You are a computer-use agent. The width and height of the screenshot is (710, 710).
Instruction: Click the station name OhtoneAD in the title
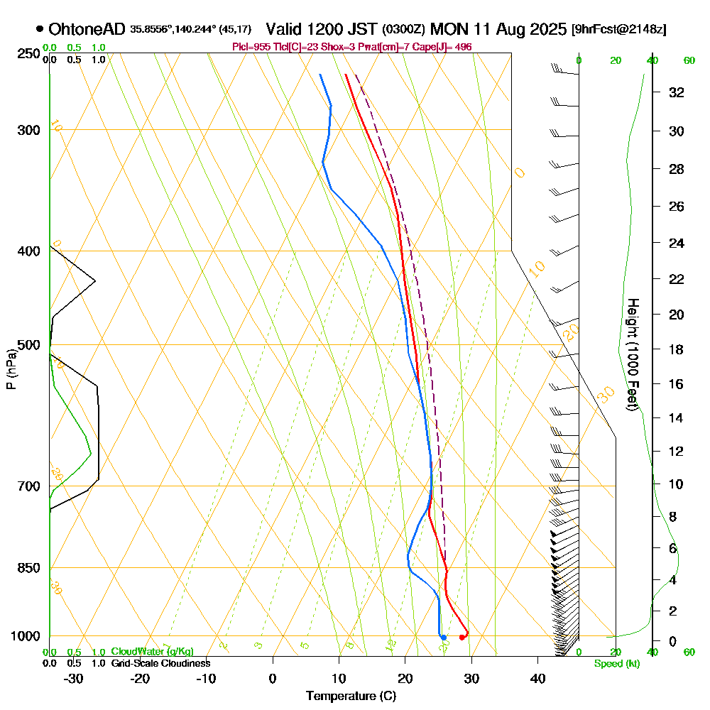click(x=88, y=29)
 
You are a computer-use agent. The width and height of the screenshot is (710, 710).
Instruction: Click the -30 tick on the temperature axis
click(x=74, y=679)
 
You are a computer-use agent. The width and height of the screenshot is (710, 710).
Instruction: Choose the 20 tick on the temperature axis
click(x=405, y=679)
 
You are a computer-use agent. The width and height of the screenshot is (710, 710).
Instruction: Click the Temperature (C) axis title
click(x=351, y=697)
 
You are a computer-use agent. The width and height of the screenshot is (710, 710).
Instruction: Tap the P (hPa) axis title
click(x=11, y=369)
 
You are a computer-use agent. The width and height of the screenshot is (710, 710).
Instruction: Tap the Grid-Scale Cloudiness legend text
click(x=160, y=663)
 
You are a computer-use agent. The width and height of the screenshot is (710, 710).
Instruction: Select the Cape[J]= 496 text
click(x=449, y=47)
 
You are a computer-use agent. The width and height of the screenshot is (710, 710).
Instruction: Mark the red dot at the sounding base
click(x=462, y=638)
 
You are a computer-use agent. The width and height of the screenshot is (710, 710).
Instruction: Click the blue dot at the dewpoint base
click(x=443, y=638)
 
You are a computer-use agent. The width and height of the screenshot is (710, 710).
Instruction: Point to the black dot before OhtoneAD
click(x=40, y=30)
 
